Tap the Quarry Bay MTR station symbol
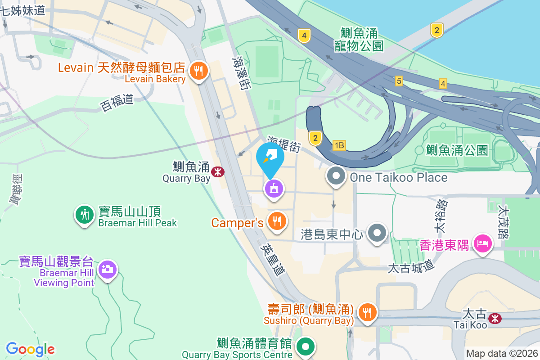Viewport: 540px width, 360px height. coord(218,171)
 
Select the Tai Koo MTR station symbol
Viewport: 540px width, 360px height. coord(495,319)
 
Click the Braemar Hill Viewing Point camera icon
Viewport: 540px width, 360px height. coord(107,270)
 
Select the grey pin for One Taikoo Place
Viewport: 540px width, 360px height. coord(336,176)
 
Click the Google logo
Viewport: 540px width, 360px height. coord(30,349)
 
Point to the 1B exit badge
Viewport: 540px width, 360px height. coord(339,145)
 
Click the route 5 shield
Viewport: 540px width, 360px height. coord(399,81)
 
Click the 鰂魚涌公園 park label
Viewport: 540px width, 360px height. coord(457,150)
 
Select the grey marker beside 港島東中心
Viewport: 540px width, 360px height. coord(377,233)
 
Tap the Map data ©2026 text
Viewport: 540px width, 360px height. coord(501,353)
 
